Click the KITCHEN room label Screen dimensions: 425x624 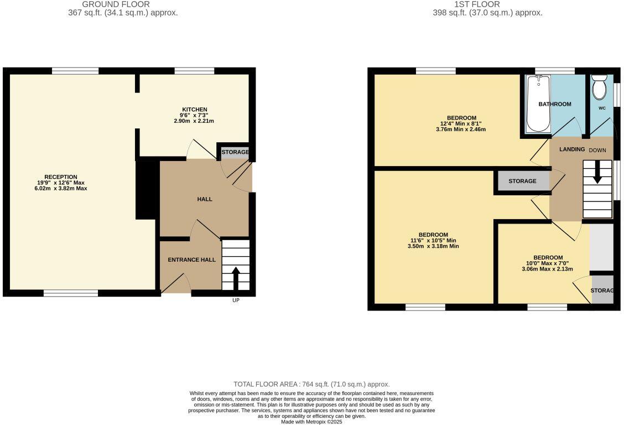click(x=195, y=110)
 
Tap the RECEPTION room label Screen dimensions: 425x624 click(x=61, y=177)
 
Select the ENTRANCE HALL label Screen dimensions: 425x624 click(x=191, y=260)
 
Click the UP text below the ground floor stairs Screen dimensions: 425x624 click(x=236, y=300)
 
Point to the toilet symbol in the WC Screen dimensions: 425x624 click(x=599, y=89)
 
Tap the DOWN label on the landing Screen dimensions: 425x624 click(x=597, y=151)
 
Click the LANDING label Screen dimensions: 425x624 click(x=572, y=149)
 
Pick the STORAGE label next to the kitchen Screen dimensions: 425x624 click(x=235, y=152)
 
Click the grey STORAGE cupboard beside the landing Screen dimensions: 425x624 click(x=522, y=181)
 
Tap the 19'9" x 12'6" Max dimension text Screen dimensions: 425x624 click(x=61, y=183)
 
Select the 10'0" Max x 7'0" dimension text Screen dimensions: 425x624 click(x=547, y=263)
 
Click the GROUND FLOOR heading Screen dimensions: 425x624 click(x=116, y=4)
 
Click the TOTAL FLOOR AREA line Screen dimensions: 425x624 click(x=311, y=384)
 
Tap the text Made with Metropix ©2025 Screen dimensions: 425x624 click(x=311, y=422)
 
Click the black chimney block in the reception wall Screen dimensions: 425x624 click(x=147, y=188)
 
